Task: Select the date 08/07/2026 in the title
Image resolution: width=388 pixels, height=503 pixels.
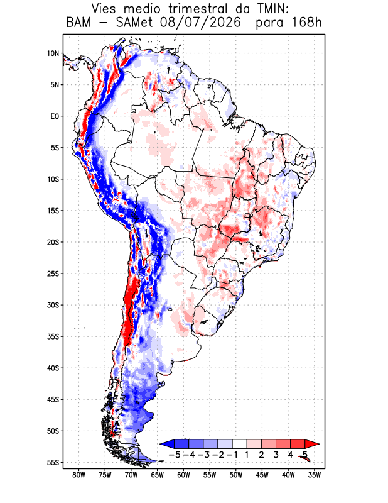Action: [x=200, y=23]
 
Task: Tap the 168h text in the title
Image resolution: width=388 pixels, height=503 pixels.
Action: [x=307, y=23]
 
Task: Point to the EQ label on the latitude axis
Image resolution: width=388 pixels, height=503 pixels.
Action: [x=55, y=116]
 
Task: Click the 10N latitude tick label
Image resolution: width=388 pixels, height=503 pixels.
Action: [x=53, y=53]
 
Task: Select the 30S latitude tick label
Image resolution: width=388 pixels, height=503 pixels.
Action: [x=53, y=305]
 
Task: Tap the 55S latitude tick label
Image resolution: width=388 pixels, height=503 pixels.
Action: [x=53, y=463]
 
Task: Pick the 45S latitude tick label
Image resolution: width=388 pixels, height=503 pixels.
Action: [x=53, y=400]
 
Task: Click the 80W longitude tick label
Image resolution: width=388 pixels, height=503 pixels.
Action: [x=79, y=475]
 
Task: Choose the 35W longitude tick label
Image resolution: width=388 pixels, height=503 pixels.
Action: [x=315, y=475]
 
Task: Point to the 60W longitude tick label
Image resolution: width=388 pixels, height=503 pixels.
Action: [x=183, y=475]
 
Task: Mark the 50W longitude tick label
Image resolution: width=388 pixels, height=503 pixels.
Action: [x=236, y=475]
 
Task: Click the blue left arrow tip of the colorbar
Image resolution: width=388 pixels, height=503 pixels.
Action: [x=160, y=444]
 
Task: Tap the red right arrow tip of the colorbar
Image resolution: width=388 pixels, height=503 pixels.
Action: [x=319, y=444]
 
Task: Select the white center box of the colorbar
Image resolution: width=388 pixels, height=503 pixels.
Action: [x=240, y=444]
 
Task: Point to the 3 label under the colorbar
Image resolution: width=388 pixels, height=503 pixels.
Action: [x=276, y=455]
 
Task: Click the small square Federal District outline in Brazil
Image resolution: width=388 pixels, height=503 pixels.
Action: [x=247, y=216]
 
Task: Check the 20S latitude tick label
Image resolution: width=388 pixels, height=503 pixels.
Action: [x=53, y=242]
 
